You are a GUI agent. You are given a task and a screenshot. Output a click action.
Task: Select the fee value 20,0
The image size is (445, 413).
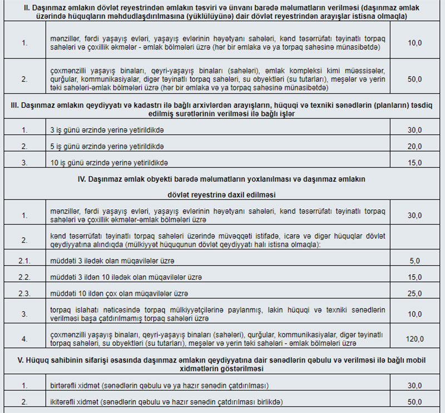tap(415, 146)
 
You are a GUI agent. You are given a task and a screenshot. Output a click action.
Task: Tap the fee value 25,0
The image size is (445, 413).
tap(415, 293)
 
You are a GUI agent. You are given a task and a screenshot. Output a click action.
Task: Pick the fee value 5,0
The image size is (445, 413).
tap(415, 261)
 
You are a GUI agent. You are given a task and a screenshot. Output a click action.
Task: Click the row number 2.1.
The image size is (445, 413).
tap(24, 261)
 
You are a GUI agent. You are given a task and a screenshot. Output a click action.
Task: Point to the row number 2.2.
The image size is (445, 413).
tap(24, 277)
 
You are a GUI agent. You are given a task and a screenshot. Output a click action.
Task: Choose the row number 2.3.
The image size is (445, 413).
tap(24, 293)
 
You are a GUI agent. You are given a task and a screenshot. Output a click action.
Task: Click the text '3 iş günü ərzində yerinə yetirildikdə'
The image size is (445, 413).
tap(108, 130)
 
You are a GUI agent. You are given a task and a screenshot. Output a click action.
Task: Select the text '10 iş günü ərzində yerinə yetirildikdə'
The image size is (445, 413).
tap(110, 163)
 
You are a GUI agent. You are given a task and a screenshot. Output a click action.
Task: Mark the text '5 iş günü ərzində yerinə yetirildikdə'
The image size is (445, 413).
tap(108, 146)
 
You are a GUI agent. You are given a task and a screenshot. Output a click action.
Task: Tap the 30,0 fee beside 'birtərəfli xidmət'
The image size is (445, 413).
tap(415, 385)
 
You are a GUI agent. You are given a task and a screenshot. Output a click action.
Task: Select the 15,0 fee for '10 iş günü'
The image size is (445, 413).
tap(415, 163)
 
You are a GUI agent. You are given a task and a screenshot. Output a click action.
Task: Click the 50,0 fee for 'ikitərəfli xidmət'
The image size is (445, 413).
tap(415, 402)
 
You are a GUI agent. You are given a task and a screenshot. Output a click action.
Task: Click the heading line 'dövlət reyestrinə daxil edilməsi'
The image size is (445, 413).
tap(222, 195)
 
